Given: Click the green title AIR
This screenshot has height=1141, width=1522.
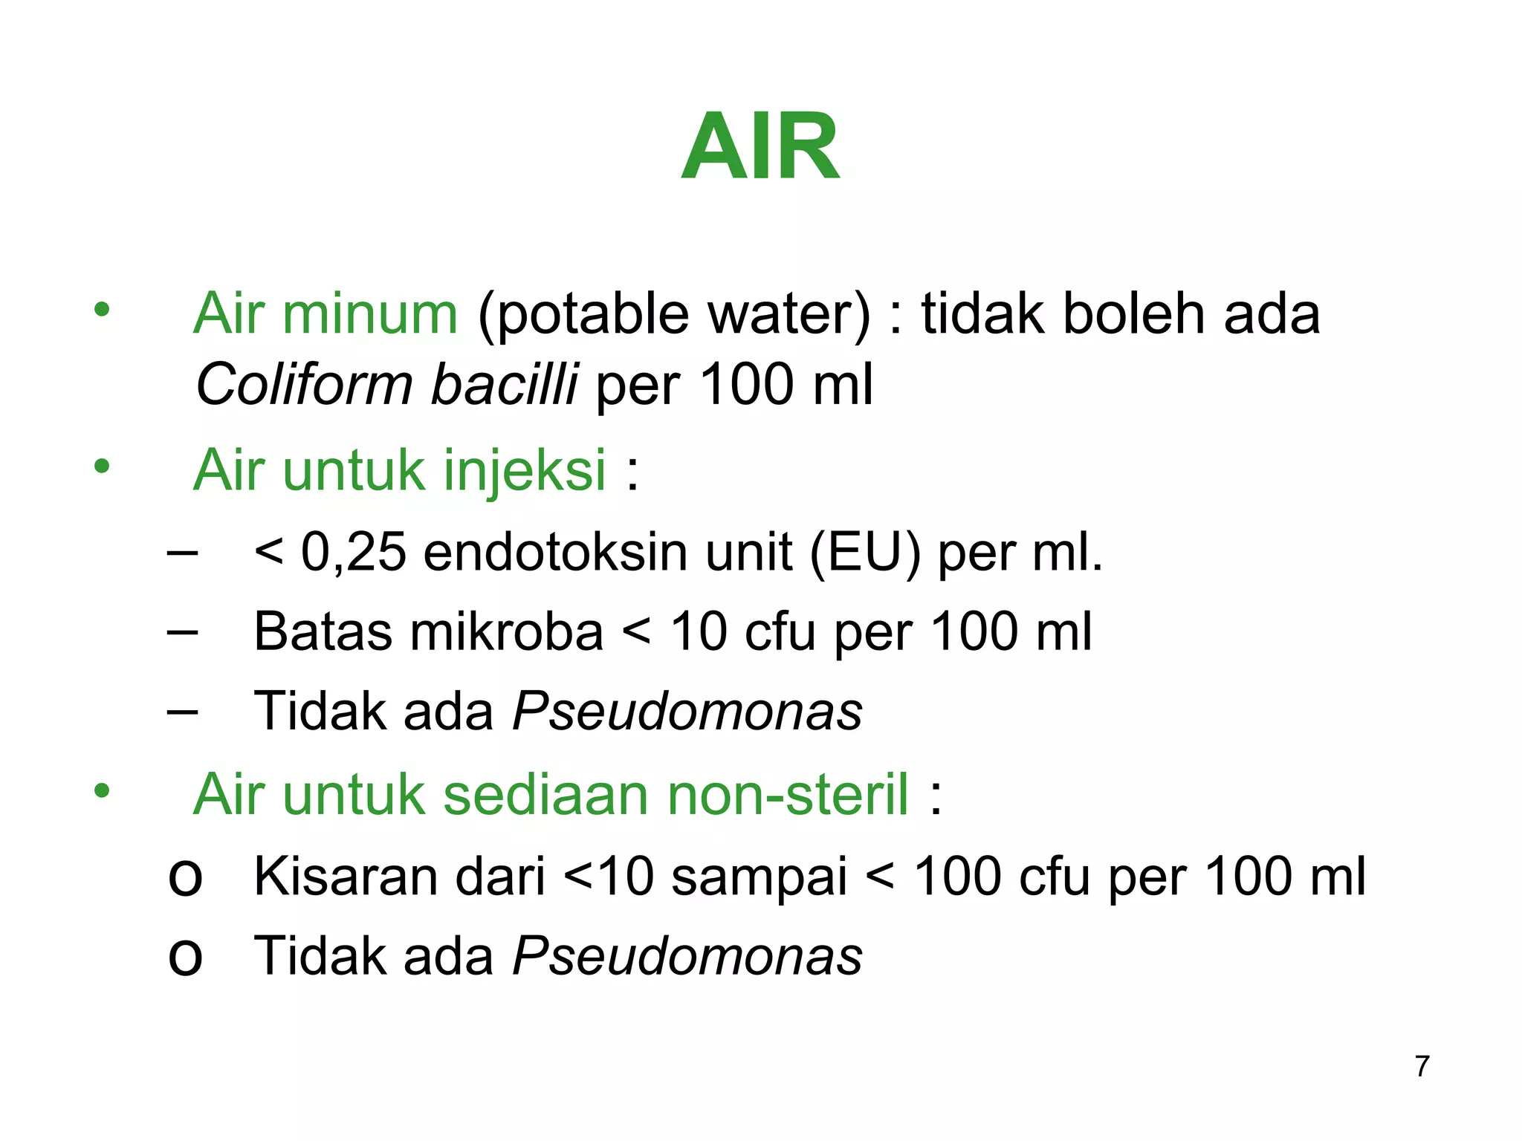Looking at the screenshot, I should point(760,146).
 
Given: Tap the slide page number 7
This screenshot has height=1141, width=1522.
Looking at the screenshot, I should point(1422,1066).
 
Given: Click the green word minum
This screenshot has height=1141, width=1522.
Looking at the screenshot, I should point(369,313).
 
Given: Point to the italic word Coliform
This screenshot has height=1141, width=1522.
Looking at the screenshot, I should point(304,385).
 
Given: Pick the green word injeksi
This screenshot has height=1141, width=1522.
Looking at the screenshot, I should point(525,471).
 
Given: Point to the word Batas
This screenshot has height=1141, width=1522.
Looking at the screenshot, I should point(323,632).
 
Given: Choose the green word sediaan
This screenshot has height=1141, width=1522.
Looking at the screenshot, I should point(546,795).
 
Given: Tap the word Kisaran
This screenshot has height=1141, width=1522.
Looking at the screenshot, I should point(345,877).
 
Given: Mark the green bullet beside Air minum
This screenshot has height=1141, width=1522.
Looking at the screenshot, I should point(102,309).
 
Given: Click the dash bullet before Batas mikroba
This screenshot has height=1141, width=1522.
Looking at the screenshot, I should point(183,632).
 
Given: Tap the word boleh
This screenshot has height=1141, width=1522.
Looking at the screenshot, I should point(1134,313).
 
